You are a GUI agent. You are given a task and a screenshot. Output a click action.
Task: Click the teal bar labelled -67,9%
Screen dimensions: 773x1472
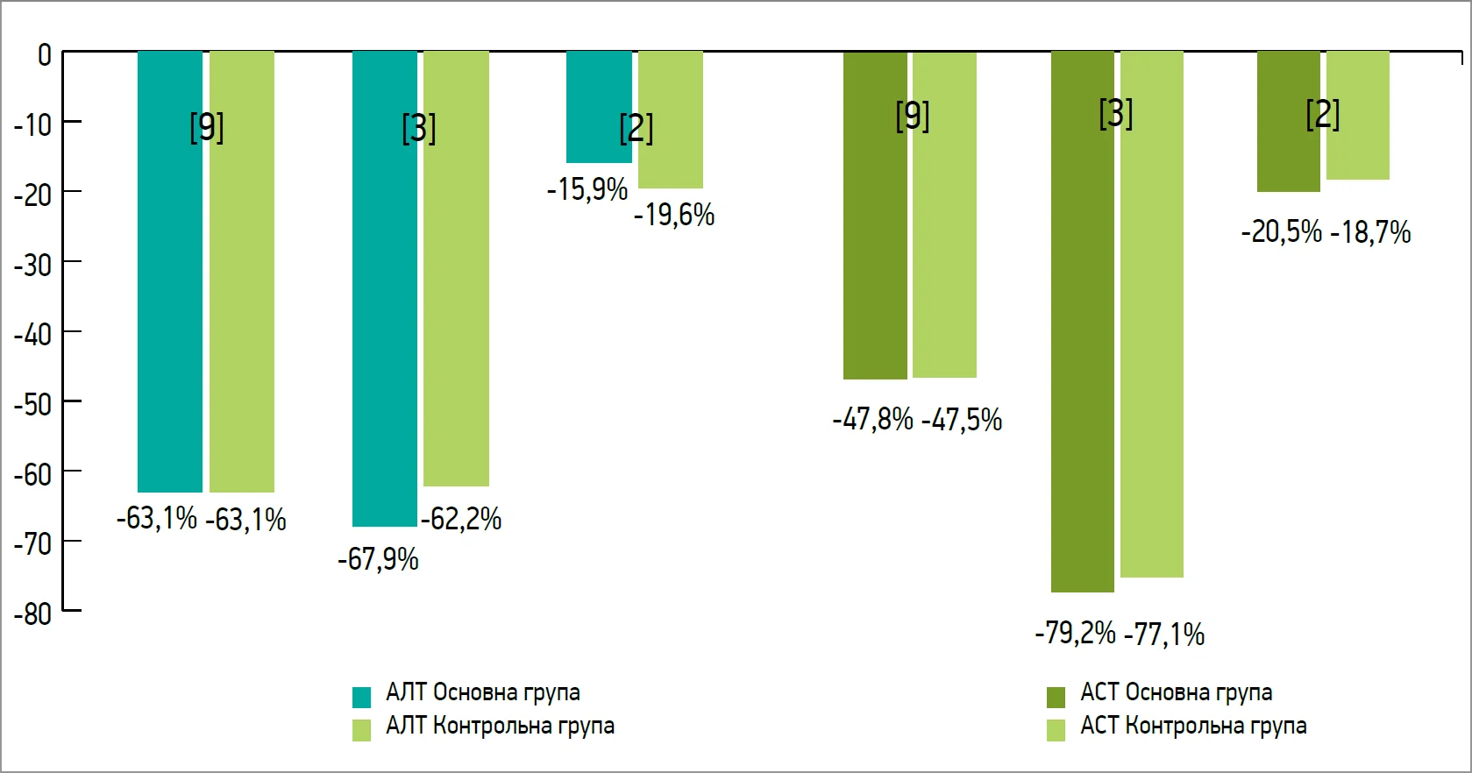pyautogui.click(x=384, y=289)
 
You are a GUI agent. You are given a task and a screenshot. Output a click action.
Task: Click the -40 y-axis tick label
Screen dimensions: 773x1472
pyautogui.click(x=32, y=335)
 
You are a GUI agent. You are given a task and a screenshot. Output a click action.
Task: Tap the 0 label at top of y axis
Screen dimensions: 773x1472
pyautogui.click(x=45, y=55)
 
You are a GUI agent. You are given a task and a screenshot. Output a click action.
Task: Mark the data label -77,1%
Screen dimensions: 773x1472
pyautogui.click(x=1164, y=634)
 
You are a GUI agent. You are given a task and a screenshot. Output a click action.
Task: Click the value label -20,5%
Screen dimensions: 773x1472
pyautogui.click(x=1281, y=232)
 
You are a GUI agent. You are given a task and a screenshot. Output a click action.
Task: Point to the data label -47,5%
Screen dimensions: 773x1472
pyautogui.click(x=962, y=420)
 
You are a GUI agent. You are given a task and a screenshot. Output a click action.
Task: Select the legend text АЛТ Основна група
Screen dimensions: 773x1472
pyautogui.click(x=483, y=692)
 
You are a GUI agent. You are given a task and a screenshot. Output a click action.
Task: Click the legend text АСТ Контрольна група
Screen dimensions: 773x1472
pyautogui.click(x=1193, y=726)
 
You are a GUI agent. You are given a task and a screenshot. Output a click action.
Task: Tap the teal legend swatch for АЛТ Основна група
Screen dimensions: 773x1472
pyautogui.click(x=361, y=697)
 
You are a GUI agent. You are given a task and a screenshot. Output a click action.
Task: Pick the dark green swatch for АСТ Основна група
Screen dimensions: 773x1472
pyautogui.click(x=1056, y=697)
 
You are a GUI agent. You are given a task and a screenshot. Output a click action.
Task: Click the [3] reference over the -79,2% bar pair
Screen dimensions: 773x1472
pyautogui.click(x=1116, y=114)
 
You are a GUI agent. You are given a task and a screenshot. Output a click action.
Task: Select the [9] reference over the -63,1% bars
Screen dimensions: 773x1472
pyautogui.click(x=207, y=127)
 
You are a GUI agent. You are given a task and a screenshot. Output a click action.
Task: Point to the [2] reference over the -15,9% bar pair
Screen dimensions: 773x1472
pyautogui.click(x=636, y=128)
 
